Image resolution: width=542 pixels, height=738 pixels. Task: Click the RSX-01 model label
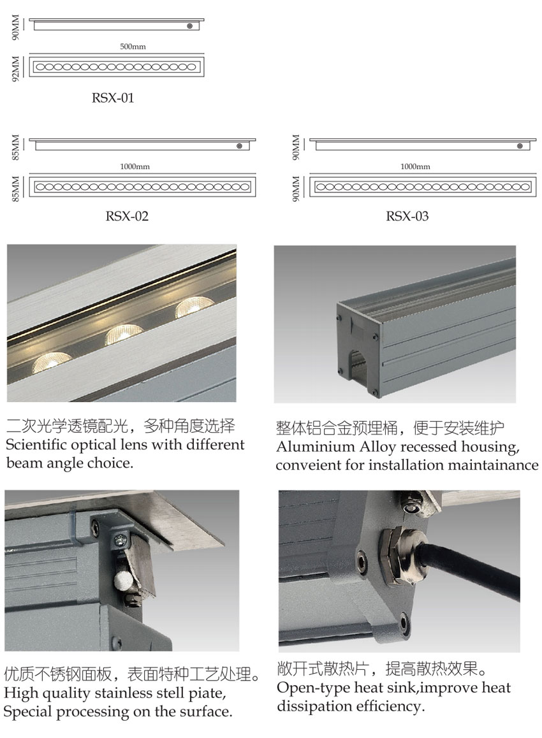(x=112, y=98)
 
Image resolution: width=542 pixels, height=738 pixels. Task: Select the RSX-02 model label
(x=127, y=216)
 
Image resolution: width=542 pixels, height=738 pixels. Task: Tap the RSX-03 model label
(x=407, y=216)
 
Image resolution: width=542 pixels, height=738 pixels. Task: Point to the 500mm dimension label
(x=133, y=47)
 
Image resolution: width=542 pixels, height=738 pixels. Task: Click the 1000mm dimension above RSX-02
(x=135, y=166)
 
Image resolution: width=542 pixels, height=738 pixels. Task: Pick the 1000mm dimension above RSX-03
(x=415, y=166)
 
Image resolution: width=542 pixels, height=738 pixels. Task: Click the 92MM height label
(x=15, y=69)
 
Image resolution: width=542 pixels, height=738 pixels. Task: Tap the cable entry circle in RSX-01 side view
(x=190, y=26)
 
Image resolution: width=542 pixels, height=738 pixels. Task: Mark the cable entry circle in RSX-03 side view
(x=520, y=146)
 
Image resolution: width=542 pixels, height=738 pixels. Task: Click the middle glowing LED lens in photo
(x=124, y=334)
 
